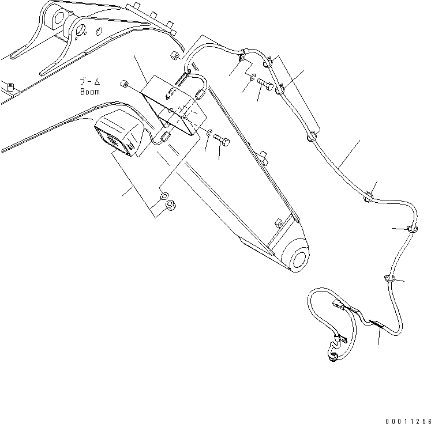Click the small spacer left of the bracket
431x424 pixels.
pos(123,85)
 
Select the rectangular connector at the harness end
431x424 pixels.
pos(338,306)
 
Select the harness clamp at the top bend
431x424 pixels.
pos(243,56)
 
